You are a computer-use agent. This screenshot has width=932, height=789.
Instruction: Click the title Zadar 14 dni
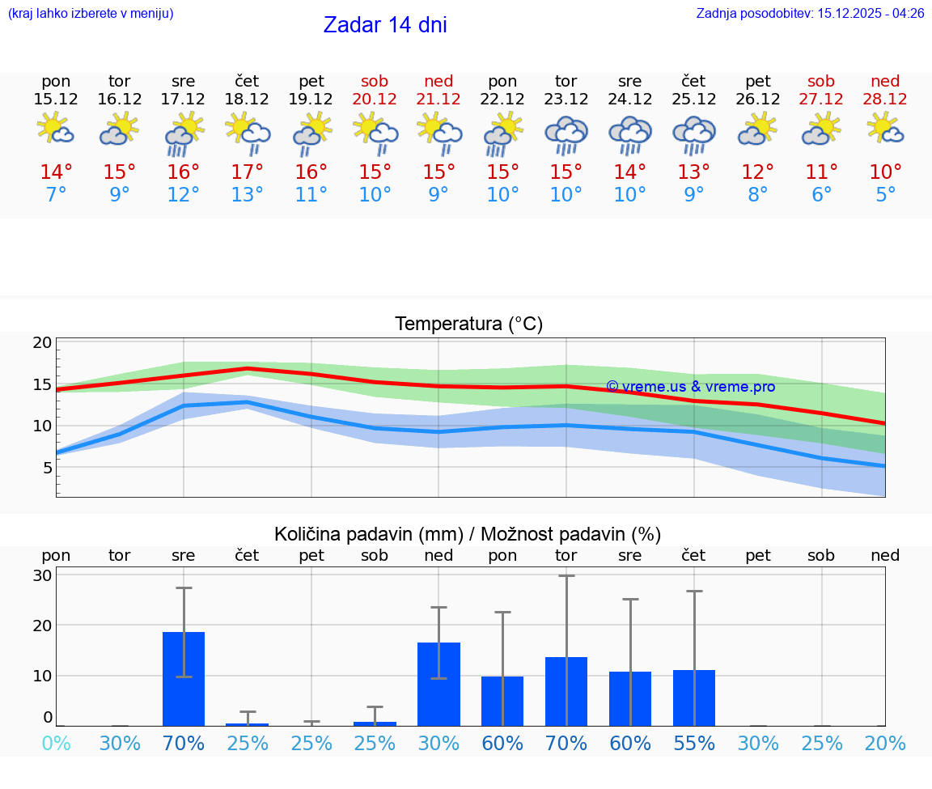[x=385, y=25]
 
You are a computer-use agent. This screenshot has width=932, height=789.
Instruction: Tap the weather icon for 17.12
[x=184, y=134]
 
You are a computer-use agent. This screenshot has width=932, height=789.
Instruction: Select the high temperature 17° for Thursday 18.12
[x=248, y=172]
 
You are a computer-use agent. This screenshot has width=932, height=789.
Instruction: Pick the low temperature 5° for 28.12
[x=885, y=195]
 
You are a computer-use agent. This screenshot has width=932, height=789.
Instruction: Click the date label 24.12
[x=630, y=100]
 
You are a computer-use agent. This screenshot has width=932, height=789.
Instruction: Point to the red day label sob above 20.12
[x=375, y=81]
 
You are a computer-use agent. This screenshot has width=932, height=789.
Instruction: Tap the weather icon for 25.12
[x=693, y=134]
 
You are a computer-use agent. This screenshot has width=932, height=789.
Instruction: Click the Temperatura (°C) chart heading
[x=468, y=325]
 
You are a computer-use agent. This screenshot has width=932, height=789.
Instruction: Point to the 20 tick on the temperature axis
[x=42, y=343]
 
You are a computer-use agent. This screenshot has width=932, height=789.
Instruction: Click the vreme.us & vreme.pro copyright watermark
[x=690, y=387]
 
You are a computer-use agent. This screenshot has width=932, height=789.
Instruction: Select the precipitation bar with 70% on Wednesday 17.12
[x=184, y=679]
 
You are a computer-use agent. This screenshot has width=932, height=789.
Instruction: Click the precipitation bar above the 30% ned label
[x=438, y=684]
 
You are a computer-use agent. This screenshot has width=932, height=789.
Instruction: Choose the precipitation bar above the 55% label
[x=694, y=698]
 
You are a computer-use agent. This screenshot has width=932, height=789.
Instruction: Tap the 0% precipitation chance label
[x=56, y=743]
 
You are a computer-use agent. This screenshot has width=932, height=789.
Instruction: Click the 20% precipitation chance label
[x=885, y=743]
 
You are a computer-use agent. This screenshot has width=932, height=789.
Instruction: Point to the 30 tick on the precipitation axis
[x=42, y=575]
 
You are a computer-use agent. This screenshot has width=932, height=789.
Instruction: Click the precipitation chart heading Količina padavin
[x=468, y=534]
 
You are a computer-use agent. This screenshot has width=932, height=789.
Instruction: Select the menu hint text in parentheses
[x=91, y=14]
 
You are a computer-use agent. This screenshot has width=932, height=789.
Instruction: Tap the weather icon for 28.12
[x=885, y=129]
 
